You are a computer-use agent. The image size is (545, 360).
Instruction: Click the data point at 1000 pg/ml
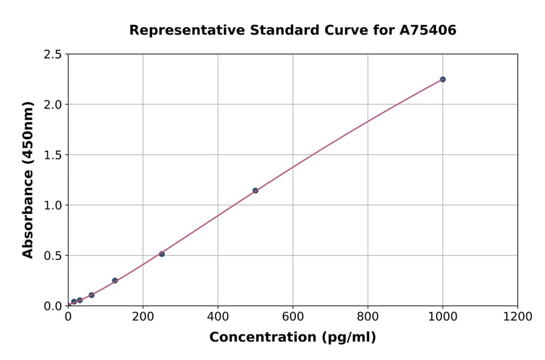click(443, 79)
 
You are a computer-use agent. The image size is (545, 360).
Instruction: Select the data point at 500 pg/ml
click(256, 190)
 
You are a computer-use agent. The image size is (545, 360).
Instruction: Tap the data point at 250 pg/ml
click(162, 254)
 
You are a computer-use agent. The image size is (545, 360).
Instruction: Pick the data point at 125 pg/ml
click(115, 281)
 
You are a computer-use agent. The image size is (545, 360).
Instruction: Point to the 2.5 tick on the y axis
click(53, 55)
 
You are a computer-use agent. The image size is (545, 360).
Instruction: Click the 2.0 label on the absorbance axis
click(53, 105)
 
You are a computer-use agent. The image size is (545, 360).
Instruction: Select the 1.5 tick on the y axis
click(53, 155)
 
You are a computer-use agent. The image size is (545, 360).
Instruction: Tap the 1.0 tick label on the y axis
click(53, 205)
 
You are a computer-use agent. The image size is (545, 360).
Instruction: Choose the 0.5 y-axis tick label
click(53, 256)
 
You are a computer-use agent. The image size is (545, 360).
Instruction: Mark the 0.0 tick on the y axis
click(53, 306)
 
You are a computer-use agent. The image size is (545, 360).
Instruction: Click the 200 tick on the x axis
click(143, 316)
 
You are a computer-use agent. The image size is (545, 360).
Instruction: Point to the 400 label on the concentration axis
click(218, 316)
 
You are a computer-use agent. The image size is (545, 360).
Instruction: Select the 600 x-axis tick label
click(293, 316)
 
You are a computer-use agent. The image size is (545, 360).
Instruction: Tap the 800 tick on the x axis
click(368, 316)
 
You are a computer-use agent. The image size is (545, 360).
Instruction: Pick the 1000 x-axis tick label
click(443, 316)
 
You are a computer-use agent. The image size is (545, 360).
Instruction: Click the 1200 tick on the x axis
click(518, 316)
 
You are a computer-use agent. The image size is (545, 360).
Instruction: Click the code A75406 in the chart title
click(429, 30)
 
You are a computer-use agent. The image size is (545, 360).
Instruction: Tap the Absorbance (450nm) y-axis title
click(28, 179)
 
